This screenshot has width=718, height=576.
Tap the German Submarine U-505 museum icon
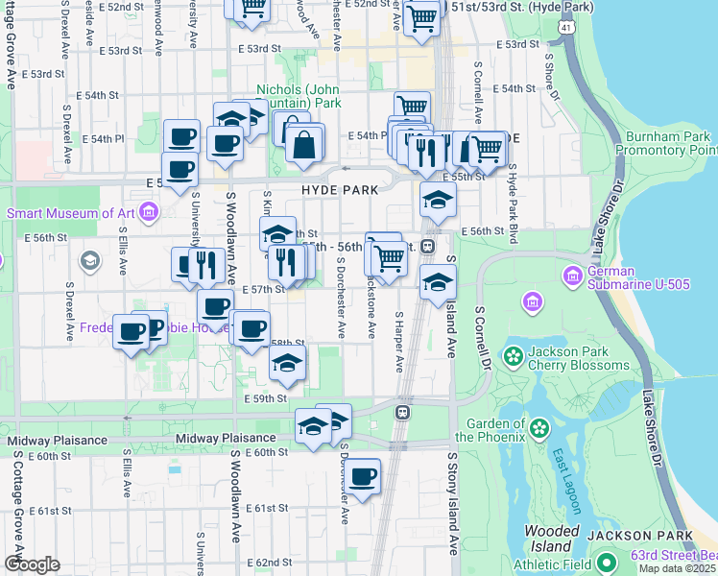[572, 276]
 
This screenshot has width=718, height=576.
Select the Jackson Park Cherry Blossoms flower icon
[515, 358]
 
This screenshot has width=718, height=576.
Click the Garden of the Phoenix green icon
[539, 425]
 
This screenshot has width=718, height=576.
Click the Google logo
[32, 564]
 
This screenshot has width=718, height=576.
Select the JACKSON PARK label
[640, 535]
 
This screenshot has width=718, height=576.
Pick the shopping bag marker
[304, 145]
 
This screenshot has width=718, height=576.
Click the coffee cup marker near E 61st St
[362, 477]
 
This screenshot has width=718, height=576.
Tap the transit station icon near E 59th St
[402, 412]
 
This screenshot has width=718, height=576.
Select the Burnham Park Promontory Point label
[665, 144]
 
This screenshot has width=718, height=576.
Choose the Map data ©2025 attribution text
[677, 568]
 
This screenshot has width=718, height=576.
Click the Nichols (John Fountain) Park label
[299, 96]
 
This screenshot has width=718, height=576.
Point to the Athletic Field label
[551, 564]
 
